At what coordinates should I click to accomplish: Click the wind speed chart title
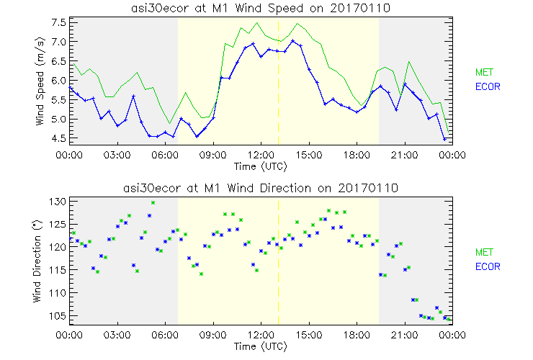(x=260, y=7)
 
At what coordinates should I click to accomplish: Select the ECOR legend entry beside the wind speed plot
(x=486, y=86)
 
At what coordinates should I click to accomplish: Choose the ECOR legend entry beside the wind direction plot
(x=486, y=266)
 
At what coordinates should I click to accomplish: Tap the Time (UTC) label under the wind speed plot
(x=260, y=166)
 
